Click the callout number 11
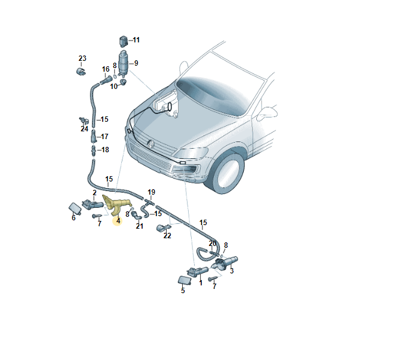[x=136, y=40]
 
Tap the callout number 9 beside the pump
[x=136, y=63]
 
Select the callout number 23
[x=82, y=59]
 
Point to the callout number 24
[x=84, y=128]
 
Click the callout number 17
[x=105, y=137]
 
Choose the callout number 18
[x=105, y=150]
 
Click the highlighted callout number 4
[x=118, y=221]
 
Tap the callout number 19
[x=152, y=192]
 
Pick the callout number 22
[x=167, y=236]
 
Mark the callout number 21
[x=140, y=226]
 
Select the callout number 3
[x=232, y=270]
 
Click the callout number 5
[x=183, y=291]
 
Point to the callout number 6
[x=73, y=218]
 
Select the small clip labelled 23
[x=81, y=71]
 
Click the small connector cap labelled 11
[x=124, y=41]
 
